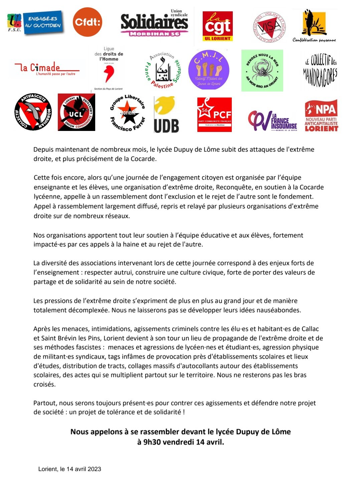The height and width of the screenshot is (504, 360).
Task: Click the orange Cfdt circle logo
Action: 87,22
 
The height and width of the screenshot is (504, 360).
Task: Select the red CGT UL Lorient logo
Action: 217,26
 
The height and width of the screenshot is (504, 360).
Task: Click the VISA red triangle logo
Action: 269,27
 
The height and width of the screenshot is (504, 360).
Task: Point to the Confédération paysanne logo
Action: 314,26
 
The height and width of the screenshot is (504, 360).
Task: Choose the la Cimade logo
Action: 46,68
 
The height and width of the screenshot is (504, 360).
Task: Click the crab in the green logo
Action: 262,70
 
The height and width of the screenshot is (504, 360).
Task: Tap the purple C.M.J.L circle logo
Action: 209,70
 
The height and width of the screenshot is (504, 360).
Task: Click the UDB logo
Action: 166,115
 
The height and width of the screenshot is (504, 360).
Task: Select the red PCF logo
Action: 214,115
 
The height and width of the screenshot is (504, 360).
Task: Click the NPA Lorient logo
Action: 321,115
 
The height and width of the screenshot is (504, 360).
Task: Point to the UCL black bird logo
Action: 76,112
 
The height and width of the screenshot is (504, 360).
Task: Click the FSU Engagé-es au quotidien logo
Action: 35,23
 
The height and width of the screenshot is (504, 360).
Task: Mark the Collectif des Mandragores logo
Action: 320,70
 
